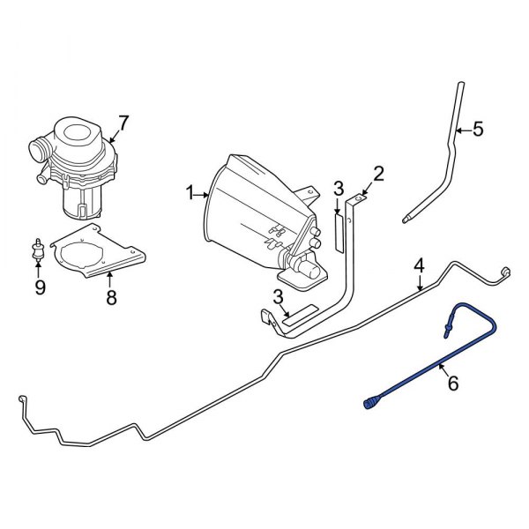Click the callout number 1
coord(188,190)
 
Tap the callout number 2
coord(378,173)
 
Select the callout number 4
coord(420,264)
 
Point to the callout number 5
coord(478,130)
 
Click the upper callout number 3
coord(338,188)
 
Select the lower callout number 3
coord(278,295)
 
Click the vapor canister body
coord(256,207)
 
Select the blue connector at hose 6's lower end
coord(370,405)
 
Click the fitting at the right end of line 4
coord(506,272)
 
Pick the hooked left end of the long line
coord(21,404)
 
